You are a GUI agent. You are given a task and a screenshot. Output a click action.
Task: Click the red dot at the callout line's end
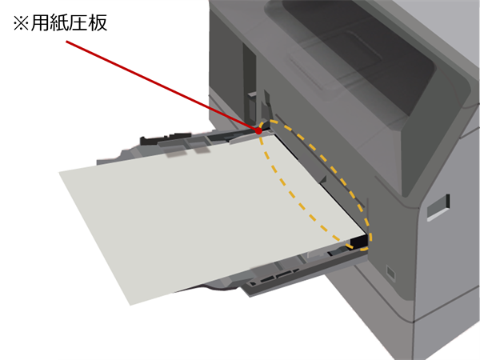258,131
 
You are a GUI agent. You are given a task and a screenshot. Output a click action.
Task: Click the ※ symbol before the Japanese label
21,23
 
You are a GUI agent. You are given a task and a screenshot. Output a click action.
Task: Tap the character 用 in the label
40,23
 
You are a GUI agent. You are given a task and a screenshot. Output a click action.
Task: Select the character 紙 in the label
58,23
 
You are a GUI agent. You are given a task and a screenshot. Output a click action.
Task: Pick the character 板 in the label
98,23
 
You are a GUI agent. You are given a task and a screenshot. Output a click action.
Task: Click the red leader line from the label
162,86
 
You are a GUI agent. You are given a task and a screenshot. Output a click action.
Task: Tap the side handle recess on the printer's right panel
438,207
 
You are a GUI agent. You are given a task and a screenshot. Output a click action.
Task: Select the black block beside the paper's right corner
358,242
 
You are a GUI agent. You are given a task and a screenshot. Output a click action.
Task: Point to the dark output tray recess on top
352,55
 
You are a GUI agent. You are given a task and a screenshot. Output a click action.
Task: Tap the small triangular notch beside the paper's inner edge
323,179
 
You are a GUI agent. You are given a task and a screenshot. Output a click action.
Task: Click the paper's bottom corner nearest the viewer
130,306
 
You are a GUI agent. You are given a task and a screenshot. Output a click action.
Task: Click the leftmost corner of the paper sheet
58,173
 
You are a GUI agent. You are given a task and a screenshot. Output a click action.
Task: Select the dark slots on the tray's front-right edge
274,277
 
